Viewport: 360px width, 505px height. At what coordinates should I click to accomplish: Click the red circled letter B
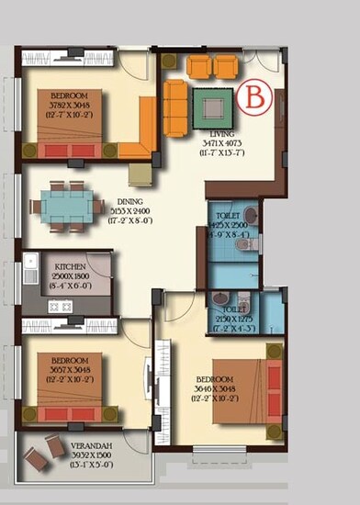pos(254,95)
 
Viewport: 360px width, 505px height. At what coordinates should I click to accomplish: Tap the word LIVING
pos(220,133)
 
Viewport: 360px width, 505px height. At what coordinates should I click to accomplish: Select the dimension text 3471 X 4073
pos(220,143)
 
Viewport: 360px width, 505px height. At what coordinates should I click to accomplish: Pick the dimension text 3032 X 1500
pos(89,454)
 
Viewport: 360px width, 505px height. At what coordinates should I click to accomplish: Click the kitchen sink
pos(31,269)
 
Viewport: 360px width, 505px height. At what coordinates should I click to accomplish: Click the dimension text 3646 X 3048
pos(216,390)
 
